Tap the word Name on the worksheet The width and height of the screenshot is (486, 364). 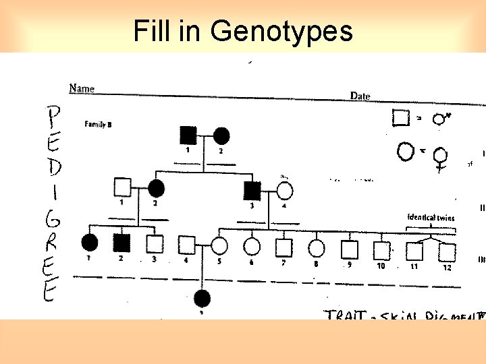82,88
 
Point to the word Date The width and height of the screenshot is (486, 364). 360,96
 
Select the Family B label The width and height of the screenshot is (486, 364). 98,123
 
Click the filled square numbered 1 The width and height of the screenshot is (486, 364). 188,135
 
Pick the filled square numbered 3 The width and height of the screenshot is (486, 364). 252,191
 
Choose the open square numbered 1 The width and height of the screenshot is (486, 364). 122,187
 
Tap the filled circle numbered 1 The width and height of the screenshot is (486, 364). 89,241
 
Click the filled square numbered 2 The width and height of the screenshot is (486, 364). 122,243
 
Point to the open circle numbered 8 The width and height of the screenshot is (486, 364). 316,248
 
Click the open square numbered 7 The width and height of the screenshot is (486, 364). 283,247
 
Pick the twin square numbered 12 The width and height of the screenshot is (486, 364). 446,252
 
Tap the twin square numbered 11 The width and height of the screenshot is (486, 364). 414,251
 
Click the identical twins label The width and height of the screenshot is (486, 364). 431,218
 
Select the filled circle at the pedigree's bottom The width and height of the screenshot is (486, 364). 202,297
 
